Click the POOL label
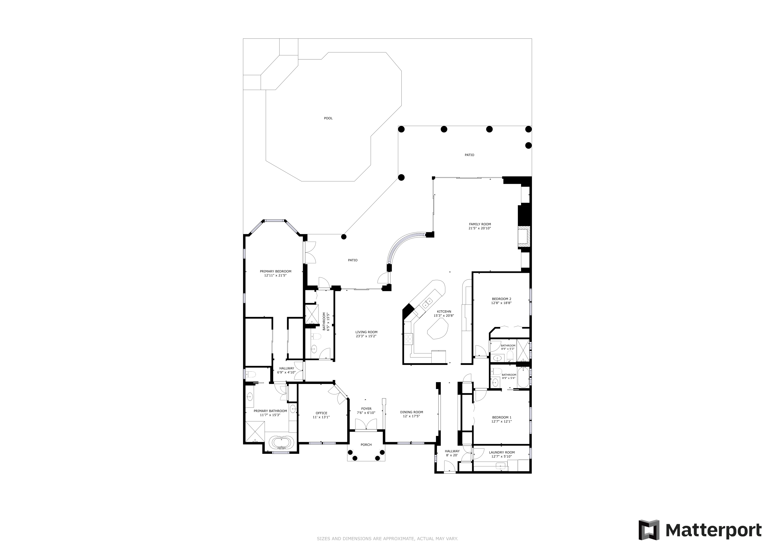coord(328,118)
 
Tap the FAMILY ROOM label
coord(480,224)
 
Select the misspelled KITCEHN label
coord(444,311)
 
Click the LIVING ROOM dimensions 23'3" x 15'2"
coord(366,336)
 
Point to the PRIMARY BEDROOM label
coord(275,271)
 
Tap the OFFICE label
coord(321,413)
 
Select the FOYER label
coord(366,409)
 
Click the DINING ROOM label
coord(412,412)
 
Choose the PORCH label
coord(366,445)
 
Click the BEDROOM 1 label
coord(502,417)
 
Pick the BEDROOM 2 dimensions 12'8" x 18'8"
coord(501,303)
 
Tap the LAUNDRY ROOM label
coord(502,452)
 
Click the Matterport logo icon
coord(649,530)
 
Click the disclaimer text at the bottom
coord(387,539)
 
